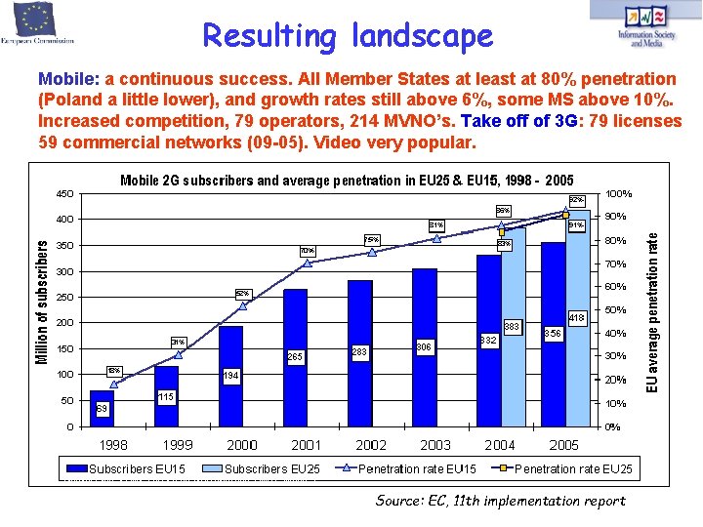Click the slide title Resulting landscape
point(348,36)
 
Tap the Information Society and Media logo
point(645,27)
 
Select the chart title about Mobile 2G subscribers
point(347,181)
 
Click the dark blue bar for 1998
point(102,408)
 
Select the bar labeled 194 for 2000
point(230,376)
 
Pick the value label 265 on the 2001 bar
point(295,358)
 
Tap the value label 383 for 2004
point(511,326)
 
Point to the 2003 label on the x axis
point(435,445)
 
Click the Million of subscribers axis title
point(42,303)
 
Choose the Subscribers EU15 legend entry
point(128,469)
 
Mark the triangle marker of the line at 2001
point(308,263)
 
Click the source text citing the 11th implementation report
point(500,501)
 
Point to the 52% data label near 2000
point(243,293)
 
